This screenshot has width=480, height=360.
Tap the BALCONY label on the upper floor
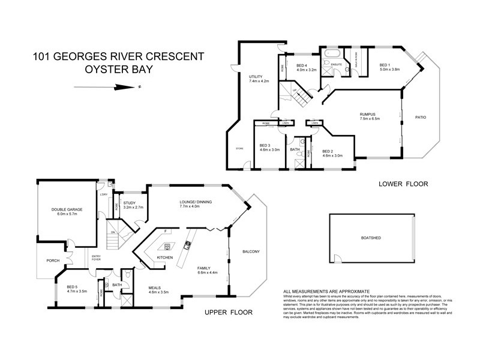pos(250,251)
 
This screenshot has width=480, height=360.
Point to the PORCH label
pos(45,262)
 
